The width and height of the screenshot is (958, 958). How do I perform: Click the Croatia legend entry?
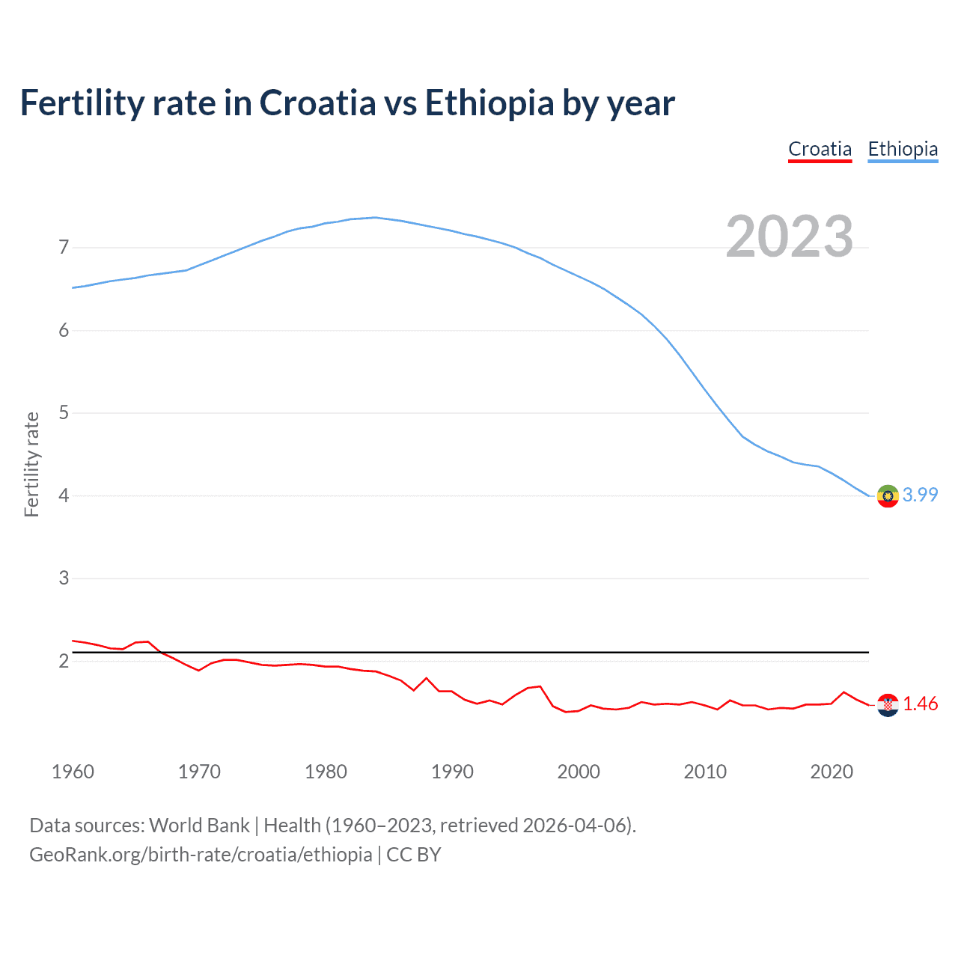[x=820, y=150]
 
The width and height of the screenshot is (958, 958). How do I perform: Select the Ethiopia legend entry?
[x=903, y=150]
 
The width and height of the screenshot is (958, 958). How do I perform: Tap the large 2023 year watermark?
[x=790, y=237]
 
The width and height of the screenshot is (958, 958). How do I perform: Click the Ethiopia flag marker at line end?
[x=888, y=495]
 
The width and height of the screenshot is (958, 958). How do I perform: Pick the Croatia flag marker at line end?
[x=888, y=704]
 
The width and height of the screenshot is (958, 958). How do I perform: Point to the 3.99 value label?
[x=920, y=495]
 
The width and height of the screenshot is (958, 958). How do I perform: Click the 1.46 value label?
[x=920, y=704]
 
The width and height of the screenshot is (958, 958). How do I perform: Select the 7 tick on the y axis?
[x=64, y=247]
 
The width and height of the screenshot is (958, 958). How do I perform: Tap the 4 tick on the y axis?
[x=64, y=495]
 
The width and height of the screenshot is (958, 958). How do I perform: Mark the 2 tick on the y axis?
[x=64, y=661]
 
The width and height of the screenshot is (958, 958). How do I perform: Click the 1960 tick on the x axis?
[x=73, y=772]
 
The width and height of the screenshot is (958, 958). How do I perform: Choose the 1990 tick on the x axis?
[x=452, y=772]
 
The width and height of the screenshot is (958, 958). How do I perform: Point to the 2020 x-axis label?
[x=832, y=772]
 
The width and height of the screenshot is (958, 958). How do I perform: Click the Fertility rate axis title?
[x=31, y=464]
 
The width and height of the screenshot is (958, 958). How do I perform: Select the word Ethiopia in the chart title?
[x=489, y=103]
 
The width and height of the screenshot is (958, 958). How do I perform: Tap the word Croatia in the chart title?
[x=317, y=103]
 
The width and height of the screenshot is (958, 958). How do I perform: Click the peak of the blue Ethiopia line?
[x=374, y=218]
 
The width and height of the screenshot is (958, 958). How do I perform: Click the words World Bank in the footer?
[x=199, y=826]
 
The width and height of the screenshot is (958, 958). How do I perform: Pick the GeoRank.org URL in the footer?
[x=201, y=855]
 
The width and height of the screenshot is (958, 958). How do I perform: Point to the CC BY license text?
[x=414, y=855]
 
